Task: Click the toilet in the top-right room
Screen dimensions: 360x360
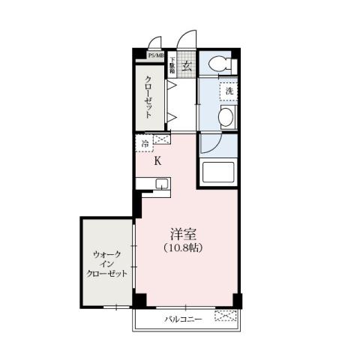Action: [x=220, y=64]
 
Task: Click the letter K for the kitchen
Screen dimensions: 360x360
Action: [x=157, y=160]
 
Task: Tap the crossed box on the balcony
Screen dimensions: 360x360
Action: [x=225, y=317]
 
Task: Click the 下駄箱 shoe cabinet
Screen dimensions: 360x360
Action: [x=172, y=64]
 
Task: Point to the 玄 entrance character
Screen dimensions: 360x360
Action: [x=186, y=64]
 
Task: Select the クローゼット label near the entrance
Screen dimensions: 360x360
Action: [x=148, y=96]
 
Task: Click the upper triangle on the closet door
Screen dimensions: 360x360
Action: [x=171, y=86]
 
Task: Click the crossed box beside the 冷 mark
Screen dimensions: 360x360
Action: [x=160, y=139]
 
